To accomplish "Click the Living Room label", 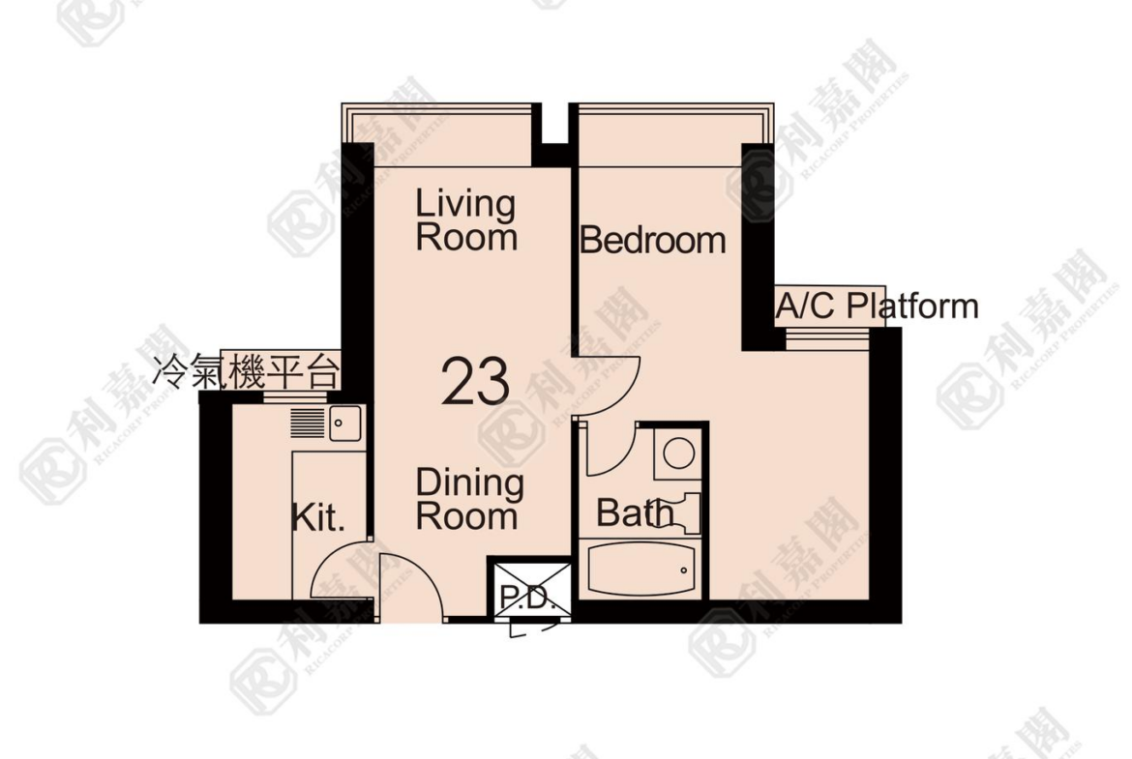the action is tap(466, 220).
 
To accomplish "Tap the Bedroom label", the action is tap(653, 240).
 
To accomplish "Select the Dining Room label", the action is tap(469, 499).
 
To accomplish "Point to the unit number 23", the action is tap(475, 380).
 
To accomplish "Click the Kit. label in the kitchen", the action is tap(318, 517).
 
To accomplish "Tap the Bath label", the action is tap(634, 513).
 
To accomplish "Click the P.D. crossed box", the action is tap(532, 590).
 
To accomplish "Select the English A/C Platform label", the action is tap(878, 306).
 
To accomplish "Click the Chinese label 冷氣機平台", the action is tap(246, 372).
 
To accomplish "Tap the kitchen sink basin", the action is tap(345, 423).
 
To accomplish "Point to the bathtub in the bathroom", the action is tap(640, 569).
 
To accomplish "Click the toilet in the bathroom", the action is tap(683, 511).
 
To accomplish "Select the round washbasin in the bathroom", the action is tap(678, 453).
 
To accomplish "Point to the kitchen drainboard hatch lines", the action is tap(308, 423).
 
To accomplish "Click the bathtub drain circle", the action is tap(684, 569).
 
